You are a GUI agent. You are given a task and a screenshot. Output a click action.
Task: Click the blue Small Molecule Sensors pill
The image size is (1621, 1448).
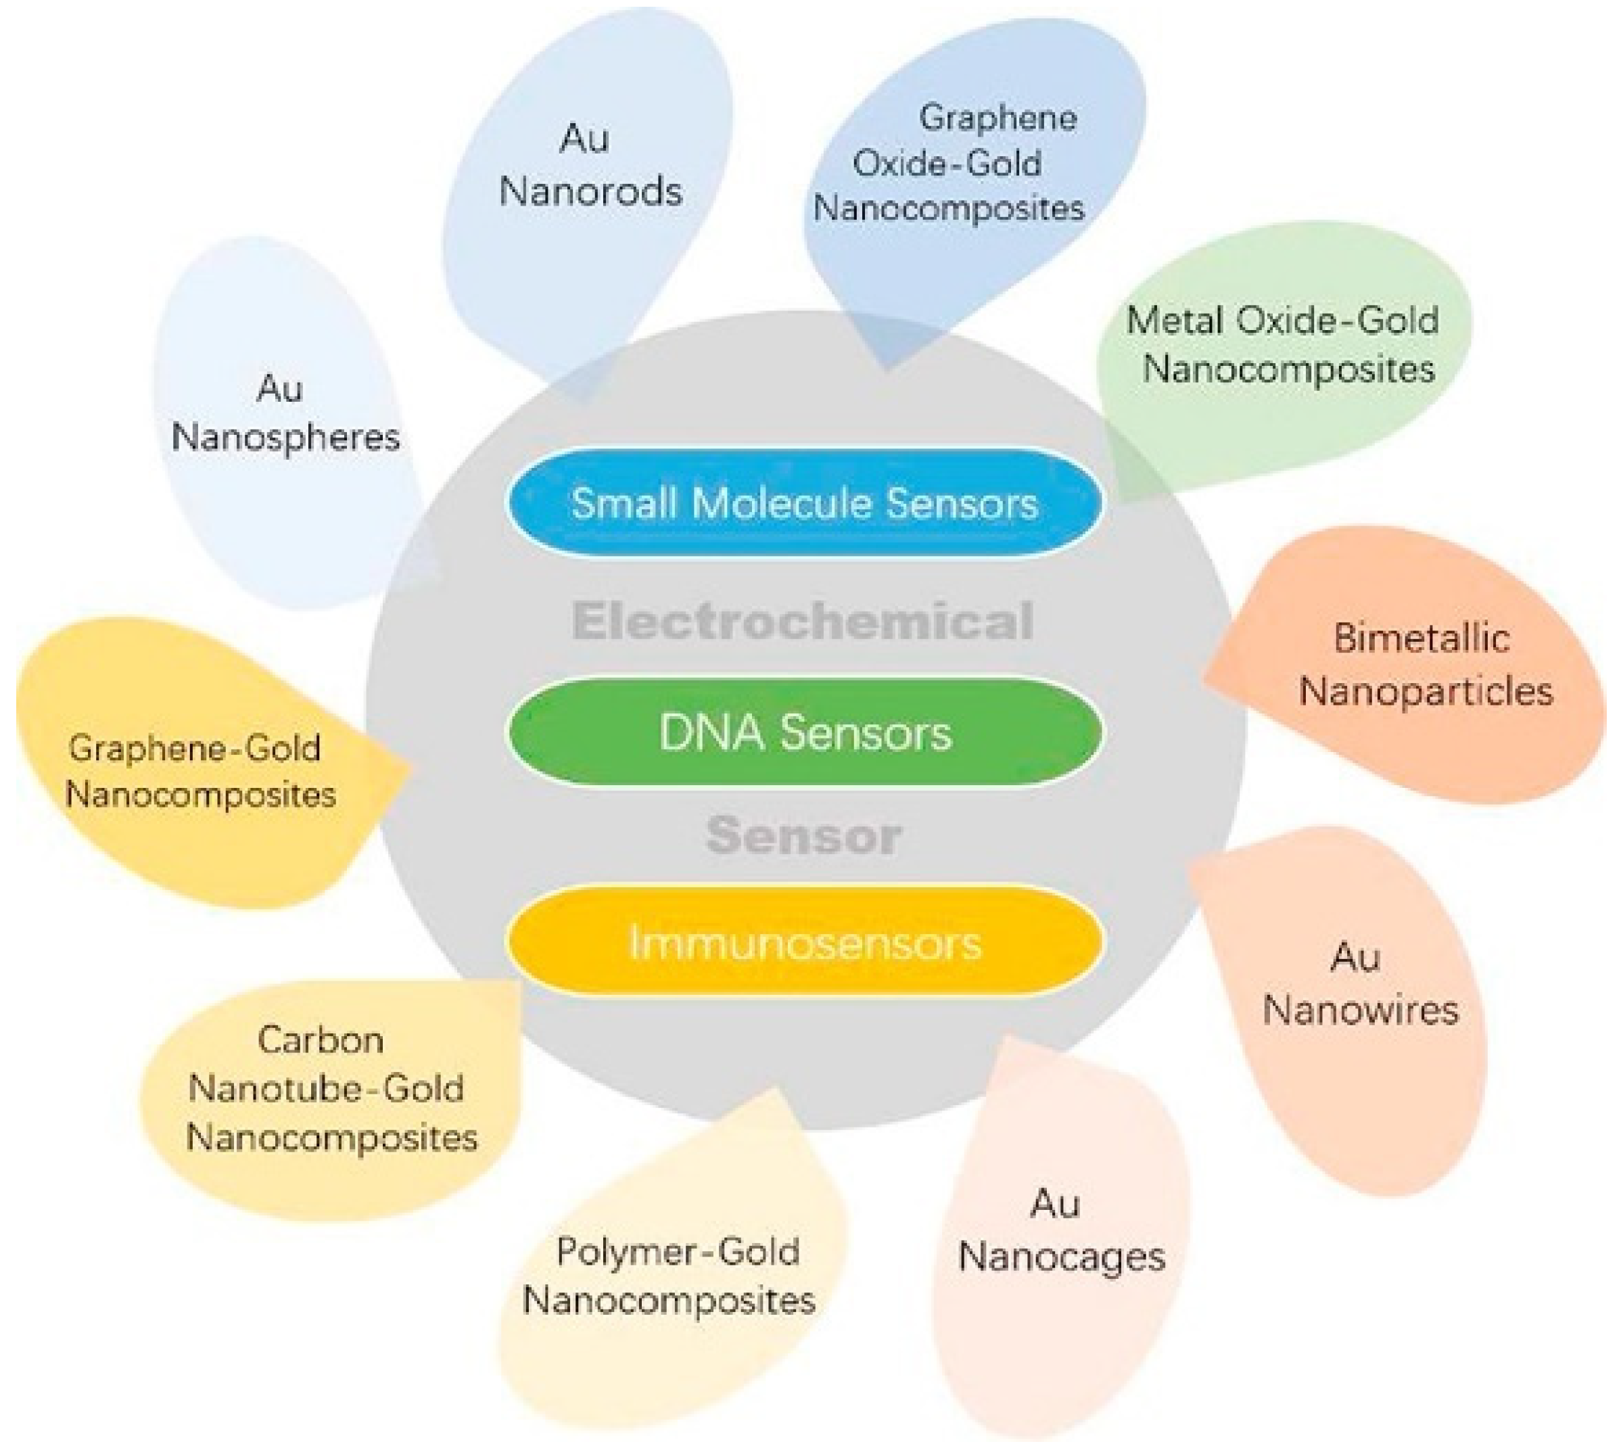(x=803, y=503)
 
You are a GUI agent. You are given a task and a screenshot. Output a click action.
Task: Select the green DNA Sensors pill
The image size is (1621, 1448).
(x=803, y=732)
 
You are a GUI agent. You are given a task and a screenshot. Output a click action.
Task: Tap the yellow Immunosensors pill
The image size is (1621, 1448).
(x=803, y=943)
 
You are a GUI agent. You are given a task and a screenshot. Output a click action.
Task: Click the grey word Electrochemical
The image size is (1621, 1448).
(x=802, y=622)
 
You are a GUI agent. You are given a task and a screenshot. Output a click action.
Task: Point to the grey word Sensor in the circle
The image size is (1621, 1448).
(x=803, y=835)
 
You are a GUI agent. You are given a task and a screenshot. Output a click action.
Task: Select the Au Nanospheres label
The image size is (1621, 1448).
(x=285, y=414)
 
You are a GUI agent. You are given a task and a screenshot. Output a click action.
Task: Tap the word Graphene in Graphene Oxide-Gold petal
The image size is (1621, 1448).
(x=997, y=118)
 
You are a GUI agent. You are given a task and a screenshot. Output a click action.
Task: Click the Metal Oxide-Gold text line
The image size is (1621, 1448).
(x=1282, y=321)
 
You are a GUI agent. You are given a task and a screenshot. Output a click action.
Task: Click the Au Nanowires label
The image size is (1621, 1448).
(x=1360, y=984)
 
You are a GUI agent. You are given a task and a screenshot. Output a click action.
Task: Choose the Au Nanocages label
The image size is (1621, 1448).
(x=1061, y=1232)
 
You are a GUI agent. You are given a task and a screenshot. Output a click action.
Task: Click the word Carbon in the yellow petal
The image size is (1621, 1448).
(x=321, y=1041)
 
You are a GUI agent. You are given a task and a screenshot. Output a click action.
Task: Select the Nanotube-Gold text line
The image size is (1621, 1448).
(x=326, y=1088)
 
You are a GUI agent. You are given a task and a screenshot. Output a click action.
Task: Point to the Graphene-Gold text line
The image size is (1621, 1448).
(x=195, y=749)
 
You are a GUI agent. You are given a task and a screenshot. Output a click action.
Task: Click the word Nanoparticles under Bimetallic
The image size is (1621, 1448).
(x=1426, y=691)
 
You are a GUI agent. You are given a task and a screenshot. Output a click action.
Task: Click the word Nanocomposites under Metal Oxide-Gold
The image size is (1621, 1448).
(x=1288, y=370)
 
